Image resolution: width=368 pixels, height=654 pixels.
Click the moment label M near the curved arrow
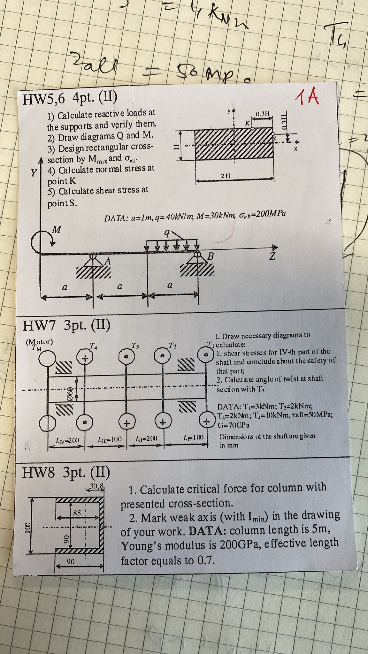click(x=57, y=230)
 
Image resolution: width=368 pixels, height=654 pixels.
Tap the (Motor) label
click(x=39, y=341)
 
